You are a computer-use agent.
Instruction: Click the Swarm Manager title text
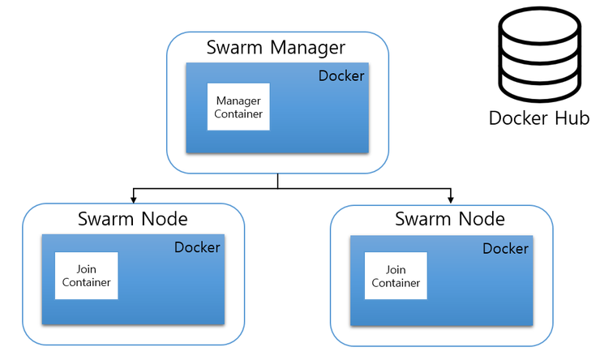coord(276,47)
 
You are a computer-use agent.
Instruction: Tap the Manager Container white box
coord(238,107)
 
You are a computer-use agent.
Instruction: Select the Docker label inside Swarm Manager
coord(341,76)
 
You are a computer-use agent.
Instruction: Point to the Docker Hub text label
coord(538,119)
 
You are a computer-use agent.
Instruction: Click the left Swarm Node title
coord(133,219)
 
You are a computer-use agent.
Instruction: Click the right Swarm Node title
coord(450,219)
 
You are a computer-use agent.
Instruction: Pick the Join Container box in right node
coord(396,276)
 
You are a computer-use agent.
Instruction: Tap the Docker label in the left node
coord(197,247)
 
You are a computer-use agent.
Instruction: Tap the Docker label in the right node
coord(505,249)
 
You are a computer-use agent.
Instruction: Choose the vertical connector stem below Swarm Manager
coord(277,180)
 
